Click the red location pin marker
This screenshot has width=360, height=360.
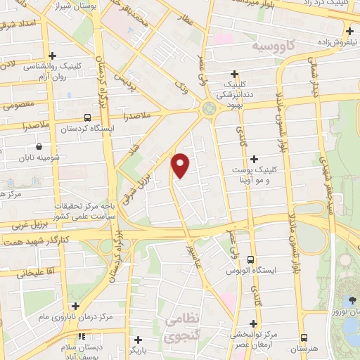tap(181, 165)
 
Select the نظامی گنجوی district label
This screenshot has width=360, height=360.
tap(183, 328)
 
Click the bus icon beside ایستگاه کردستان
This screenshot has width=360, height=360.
tap(86, 117)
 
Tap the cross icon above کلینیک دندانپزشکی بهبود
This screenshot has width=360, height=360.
tap(234, 74)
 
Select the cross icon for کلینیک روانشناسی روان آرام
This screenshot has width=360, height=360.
tap(52, 55)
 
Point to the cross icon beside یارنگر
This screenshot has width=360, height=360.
tap(138, 340)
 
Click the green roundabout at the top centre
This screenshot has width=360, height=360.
tap(208, 108)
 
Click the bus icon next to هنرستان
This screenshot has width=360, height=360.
tap(304, 338)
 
